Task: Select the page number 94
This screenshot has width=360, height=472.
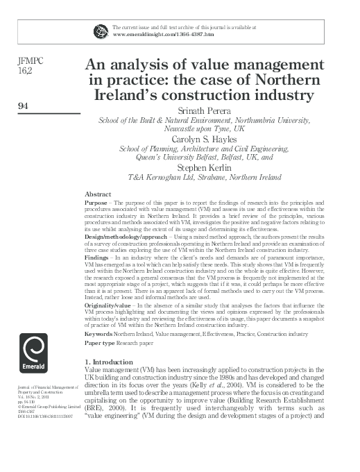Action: click(22, 106)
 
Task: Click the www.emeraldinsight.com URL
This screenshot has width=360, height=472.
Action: click(152, 33)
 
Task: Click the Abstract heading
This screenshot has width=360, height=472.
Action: click(97, 193)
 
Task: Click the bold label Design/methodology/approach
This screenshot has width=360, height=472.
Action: click(121, 236)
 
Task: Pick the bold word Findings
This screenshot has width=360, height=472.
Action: click(96, 256)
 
